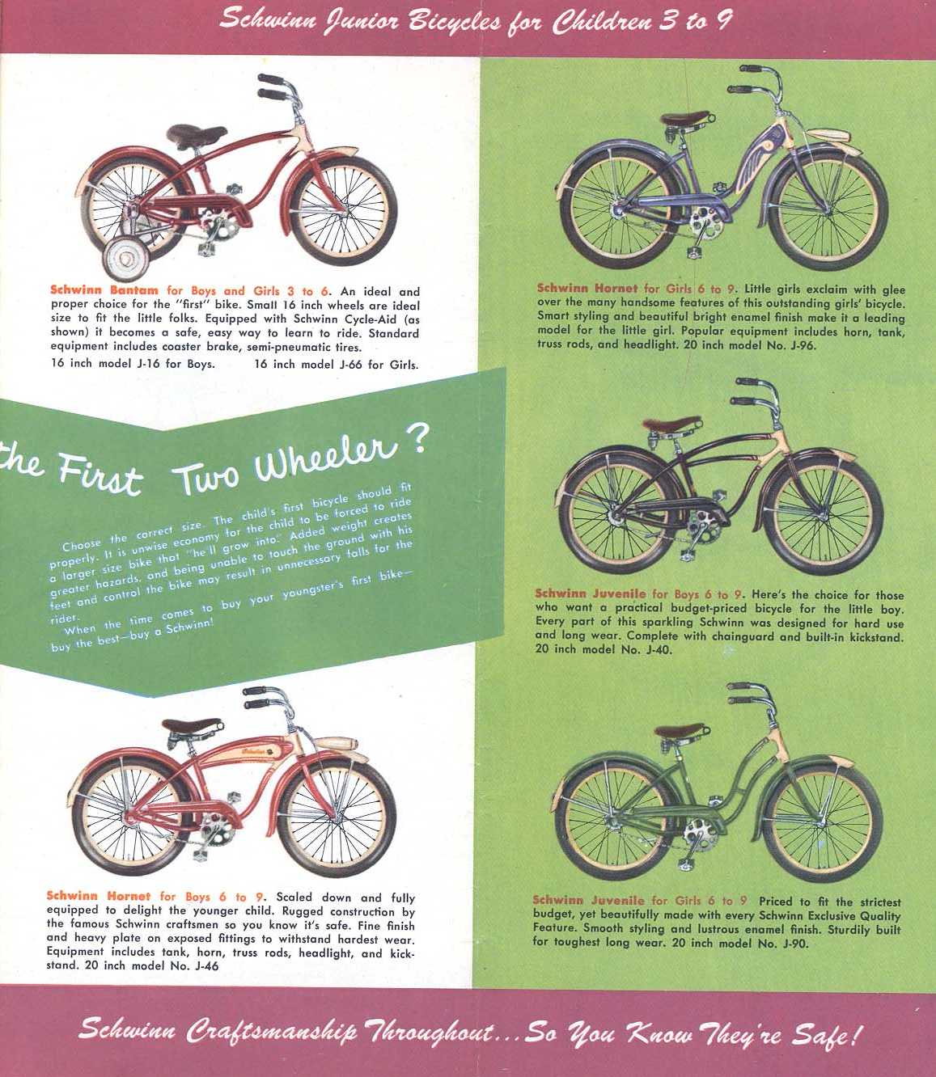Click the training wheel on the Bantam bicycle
coord(126,259)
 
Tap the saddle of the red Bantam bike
coord(196,136)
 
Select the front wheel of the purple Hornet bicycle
coord(827,210)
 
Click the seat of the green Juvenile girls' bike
coord(679,732)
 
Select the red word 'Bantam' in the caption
coord(133,290)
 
